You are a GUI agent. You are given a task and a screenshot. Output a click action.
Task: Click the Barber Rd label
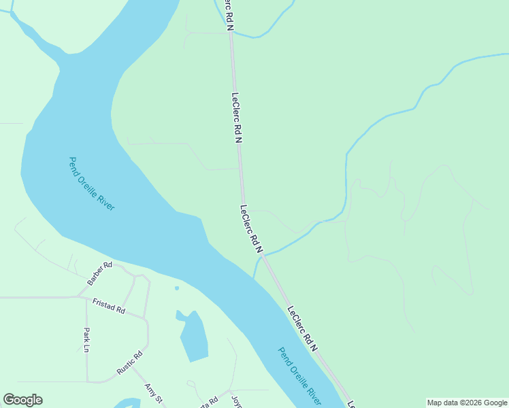coord(99,273)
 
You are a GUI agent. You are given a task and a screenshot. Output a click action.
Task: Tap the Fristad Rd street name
coord(109,305)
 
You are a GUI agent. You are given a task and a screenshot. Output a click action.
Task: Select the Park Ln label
coord(86,340)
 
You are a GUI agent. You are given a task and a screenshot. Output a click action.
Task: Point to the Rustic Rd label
coord(129,362)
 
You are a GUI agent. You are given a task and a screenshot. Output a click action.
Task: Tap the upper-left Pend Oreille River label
coord(92,184)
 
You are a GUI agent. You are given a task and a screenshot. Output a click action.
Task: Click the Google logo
coord(22,400)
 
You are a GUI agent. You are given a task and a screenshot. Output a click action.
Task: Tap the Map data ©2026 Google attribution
coord(467,403)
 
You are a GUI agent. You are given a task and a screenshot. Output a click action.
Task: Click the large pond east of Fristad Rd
coord(194,339)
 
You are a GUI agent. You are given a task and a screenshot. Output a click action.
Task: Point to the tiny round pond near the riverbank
coord(177,288)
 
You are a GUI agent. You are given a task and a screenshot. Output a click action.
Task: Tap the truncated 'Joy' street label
coord(236,401)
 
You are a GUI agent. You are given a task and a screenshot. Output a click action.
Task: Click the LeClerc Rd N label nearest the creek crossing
coord(250,229)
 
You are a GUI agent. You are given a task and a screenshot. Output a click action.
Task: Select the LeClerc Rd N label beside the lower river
coord(303,328)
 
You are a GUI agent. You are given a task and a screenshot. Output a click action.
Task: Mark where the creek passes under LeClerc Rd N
coord(263,256)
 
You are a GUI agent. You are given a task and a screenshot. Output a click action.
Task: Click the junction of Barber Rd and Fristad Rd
coord(80,296)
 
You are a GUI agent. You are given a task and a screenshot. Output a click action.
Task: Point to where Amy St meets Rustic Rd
coord(133,369)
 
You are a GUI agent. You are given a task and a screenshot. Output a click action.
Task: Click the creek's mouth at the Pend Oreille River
coord(254,277)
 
